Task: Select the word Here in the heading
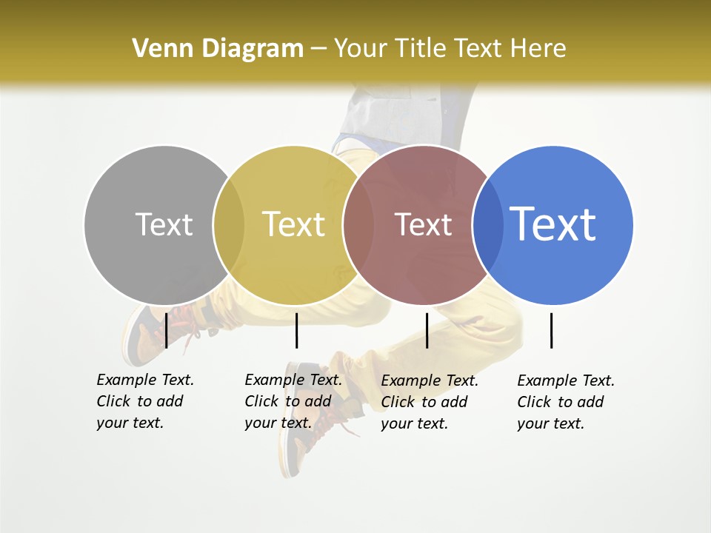pos(538,49)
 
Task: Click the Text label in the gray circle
pos(164,224)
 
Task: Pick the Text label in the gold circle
pos(294,224)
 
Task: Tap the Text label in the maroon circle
pos(423,224)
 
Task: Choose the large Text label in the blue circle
pos(553,224)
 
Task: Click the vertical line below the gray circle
pos(166,330)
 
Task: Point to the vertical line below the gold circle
pos(296,330)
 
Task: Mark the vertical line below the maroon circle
pos(427,330)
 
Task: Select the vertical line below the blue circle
pos(551,330)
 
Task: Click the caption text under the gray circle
pos(144,401)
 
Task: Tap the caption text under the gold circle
pos(293,401)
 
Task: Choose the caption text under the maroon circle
pos(429,402)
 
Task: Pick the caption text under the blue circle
pos(565,402)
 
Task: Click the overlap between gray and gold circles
pos(229,225)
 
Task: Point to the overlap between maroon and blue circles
pos(487,225)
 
